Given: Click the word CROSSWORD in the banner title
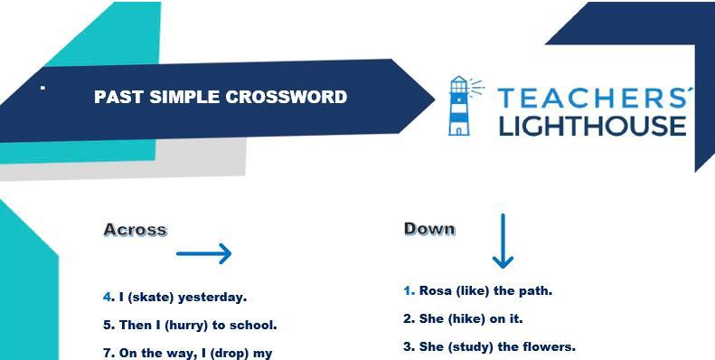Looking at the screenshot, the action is click(x=287, y=97).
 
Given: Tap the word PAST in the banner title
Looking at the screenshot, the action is click(x=119, y=97).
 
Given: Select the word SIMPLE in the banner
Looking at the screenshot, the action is click(x=185, y=97).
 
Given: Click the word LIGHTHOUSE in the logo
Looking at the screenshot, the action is click(x=593, y=126).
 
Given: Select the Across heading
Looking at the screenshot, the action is click(x=136, y=230).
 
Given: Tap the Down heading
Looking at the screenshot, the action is click(x=429, y=229).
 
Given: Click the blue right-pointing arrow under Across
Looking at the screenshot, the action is click(x=203, y=253).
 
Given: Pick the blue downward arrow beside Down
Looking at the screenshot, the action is click(x=503, y=241).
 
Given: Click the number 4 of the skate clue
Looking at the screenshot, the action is click(x=108, y=298).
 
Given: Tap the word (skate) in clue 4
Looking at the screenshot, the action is click(x=146, y=298).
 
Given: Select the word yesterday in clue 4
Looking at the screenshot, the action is click(x=212, y=298).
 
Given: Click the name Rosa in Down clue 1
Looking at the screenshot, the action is click(x=436, y=290).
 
